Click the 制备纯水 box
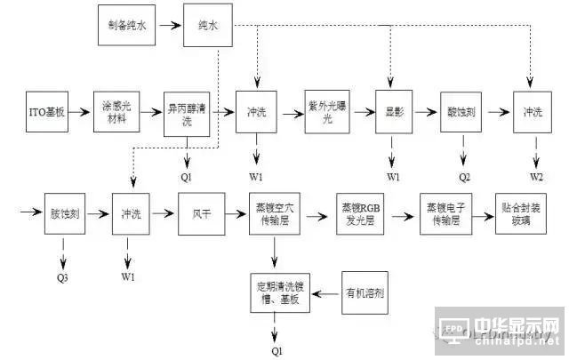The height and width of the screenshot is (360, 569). [124, 26]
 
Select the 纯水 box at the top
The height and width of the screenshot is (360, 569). [208, 26]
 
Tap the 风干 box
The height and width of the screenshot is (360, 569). [200, 214]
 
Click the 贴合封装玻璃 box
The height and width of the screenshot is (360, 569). [520, 213]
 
